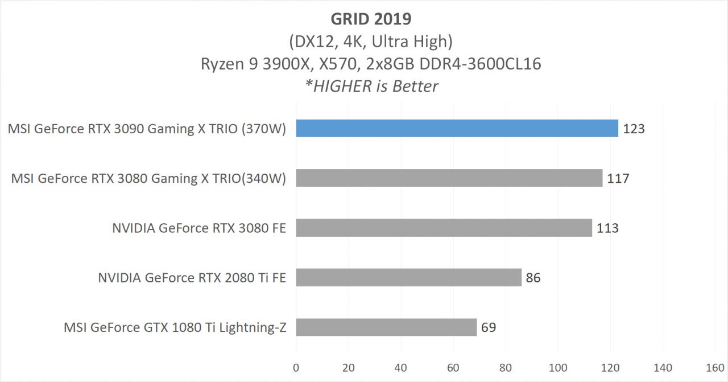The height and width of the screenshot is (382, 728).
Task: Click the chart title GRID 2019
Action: coord(371,18)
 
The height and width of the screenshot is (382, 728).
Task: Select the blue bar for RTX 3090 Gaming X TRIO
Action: coord(457,128)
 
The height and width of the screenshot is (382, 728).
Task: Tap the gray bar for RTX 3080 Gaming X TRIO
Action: coord(449,178)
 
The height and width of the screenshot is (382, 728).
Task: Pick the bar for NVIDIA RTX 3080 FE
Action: coord(444,228)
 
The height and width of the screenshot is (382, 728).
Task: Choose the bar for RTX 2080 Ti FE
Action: coord(408,277)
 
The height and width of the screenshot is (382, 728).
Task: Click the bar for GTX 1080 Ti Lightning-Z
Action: coord(386,327)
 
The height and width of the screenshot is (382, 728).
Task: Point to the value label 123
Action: coord(634,129)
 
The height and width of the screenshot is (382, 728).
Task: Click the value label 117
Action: coord(618,178)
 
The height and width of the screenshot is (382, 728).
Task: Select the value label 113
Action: coord(607,228)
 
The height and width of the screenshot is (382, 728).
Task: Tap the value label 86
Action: coord(533,278)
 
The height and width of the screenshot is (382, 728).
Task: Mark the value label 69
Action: coord(489,328)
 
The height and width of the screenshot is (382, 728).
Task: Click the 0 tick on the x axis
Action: coord(296,368)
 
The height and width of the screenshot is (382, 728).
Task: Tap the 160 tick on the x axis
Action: coord(715,368)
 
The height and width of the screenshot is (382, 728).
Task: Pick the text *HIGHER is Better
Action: coord(371,86)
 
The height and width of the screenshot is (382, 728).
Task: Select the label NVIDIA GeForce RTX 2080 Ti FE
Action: coord(192,278)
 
